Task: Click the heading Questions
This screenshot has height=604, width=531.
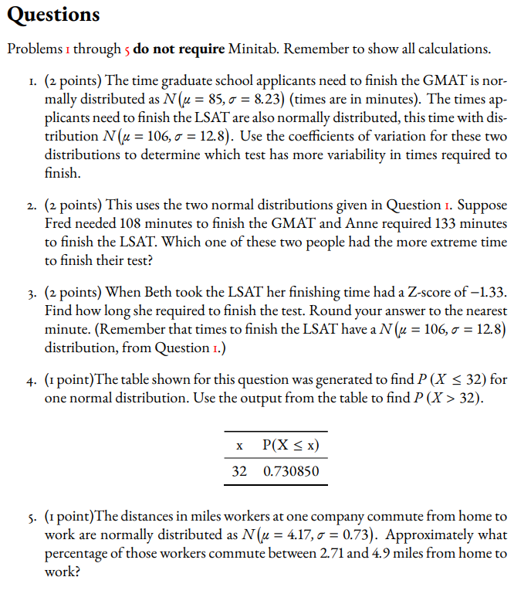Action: (x=53, y=15)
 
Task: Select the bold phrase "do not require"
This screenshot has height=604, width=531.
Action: (x=178, y=49)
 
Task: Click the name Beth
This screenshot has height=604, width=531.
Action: (x=167, y=294)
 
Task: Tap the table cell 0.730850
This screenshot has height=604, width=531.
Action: (x=291, y=470)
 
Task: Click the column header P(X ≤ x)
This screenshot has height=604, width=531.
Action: (x=291, y=446)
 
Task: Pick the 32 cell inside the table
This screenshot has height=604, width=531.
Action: (x=240, y=470)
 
